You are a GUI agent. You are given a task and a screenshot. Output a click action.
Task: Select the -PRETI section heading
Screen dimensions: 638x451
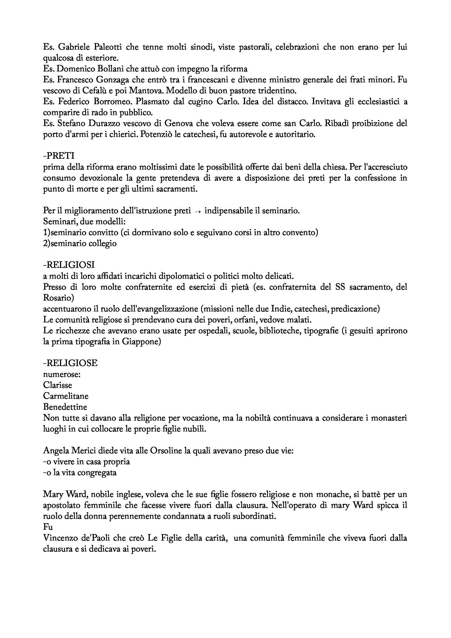click(59, 156)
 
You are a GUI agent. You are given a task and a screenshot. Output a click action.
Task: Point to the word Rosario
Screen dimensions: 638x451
click(58, 298)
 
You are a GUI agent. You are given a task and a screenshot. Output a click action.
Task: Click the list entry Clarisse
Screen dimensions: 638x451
click(58, 385)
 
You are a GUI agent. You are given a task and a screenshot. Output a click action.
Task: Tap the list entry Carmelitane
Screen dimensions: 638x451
click(65, 396)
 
